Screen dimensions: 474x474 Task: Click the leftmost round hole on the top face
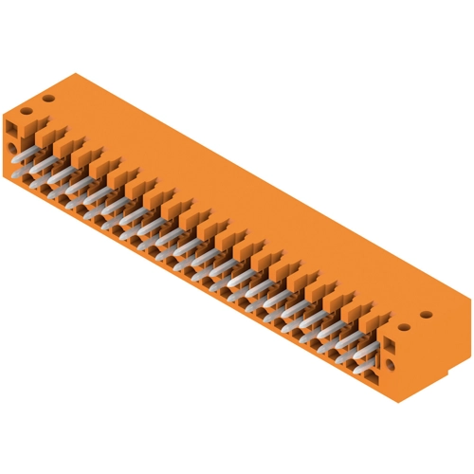pos(27,110)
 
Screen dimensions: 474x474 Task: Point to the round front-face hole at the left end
pos(12,150)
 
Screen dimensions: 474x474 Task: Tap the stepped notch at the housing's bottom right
pos(453,361)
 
